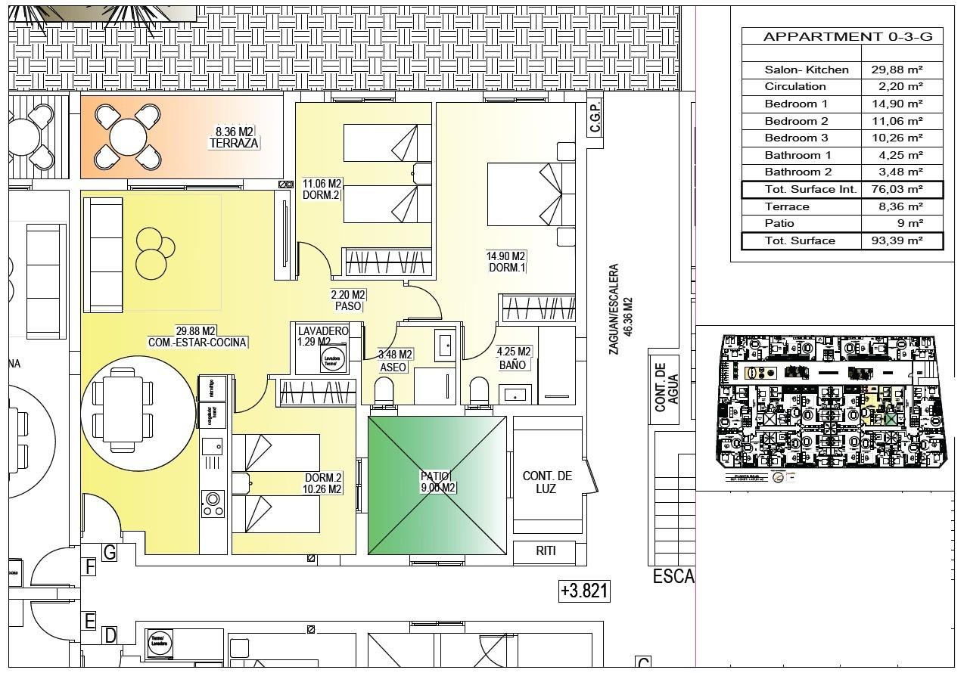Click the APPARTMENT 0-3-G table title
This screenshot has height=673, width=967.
[841, 36]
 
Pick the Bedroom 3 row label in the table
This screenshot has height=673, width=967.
[796, 138]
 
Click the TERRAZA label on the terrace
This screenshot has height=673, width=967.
[234, 143]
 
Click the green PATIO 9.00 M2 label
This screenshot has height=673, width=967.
[437, 482]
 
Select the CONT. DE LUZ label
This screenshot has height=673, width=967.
[546, 482]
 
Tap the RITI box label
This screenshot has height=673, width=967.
[546, 551]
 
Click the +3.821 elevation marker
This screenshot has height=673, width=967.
[583, 591]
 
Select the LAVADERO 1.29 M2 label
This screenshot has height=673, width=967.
[322, 336]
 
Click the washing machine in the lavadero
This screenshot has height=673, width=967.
[331, 359]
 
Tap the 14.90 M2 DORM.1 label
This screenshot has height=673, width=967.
[505, 262]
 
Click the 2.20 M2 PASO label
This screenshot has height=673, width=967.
[348, 300]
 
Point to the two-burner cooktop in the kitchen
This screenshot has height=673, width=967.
[212, 504]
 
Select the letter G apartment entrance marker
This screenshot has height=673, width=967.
[110, 553]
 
